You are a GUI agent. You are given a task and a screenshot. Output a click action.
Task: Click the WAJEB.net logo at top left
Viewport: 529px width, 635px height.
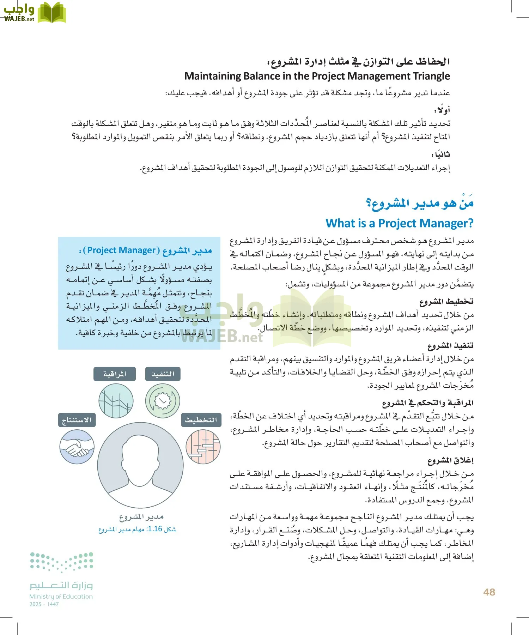[34, 12]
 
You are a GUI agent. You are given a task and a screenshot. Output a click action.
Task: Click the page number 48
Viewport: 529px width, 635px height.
[489, 592]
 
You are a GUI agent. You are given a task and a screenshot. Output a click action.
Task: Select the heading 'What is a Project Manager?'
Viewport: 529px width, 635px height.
[399, 223]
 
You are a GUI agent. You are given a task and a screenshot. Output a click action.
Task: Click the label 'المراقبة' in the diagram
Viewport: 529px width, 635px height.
[114, 374]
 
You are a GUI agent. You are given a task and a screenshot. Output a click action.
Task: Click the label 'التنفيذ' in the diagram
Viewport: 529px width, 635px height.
[163, 374]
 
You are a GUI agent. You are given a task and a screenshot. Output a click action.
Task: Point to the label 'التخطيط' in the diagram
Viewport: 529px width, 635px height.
[201, 420]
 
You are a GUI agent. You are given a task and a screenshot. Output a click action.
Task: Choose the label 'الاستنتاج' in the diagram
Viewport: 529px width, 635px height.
[77, 420]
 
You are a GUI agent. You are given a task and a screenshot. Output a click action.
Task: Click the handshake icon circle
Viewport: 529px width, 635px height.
[77, 448]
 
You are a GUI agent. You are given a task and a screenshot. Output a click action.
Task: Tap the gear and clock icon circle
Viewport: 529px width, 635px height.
[163, 401]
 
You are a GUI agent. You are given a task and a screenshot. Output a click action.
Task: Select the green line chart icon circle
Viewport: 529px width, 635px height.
[116, 401]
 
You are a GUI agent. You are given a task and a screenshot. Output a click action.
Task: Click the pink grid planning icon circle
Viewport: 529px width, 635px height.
[203, 447]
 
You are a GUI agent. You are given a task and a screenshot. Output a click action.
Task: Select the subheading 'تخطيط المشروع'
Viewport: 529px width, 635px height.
[446, 302]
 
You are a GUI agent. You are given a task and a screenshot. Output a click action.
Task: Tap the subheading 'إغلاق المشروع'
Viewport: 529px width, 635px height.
[450, 460]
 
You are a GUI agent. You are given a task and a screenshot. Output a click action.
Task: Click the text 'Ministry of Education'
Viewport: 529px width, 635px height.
[61, 597]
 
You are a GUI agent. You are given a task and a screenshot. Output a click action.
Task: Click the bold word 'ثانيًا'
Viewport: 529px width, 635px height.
[441, 155]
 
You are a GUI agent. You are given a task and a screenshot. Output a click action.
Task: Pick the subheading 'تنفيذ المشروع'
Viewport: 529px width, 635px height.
[450, 346]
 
